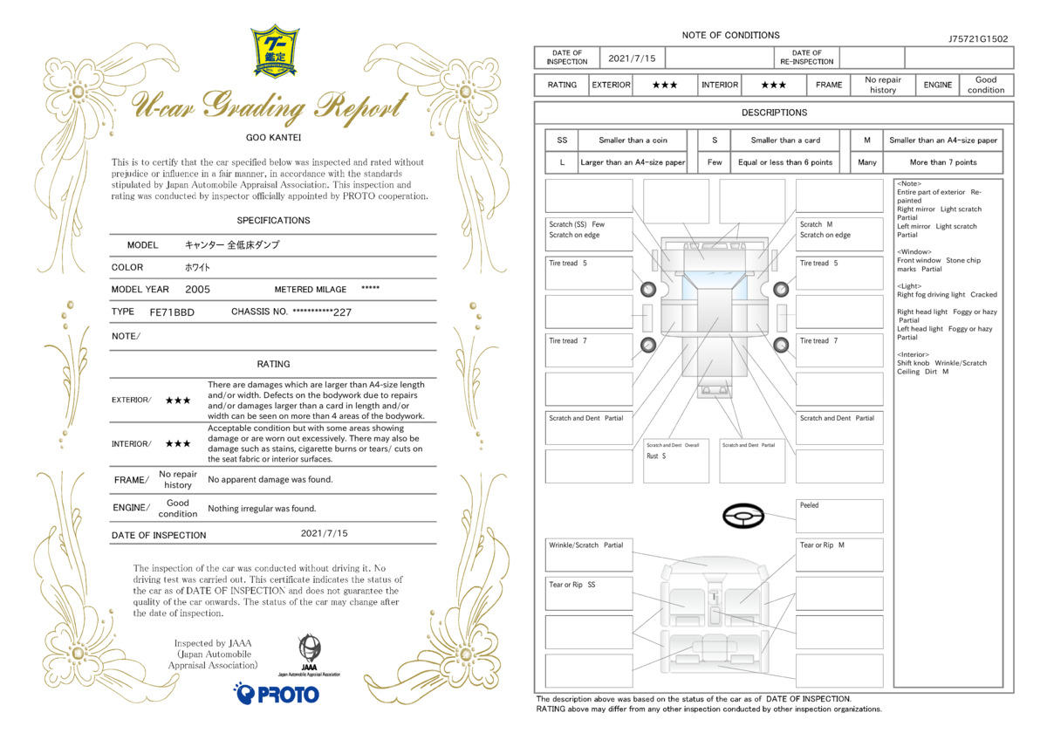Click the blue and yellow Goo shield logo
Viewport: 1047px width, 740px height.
(275, 51)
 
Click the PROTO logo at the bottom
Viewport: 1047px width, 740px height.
(277, 693)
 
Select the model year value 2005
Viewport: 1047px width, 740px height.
(197, 290)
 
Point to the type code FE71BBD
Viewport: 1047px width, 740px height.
(172, 312)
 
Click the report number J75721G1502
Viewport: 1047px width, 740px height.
(978, 38)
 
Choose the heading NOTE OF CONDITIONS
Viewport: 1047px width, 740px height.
(730, 35)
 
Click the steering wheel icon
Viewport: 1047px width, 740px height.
(743, 516)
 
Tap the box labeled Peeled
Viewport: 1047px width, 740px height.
(839, 516)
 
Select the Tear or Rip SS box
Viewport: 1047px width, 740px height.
(589, 593)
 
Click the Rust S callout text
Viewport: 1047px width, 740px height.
(656, 456)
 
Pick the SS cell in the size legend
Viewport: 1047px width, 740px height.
(562, 140)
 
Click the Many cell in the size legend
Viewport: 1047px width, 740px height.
(866, 162)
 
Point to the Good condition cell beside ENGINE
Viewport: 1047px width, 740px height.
(986, 85)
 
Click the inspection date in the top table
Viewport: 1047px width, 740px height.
(632, 58)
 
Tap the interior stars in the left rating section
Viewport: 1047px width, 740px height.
(178, 443)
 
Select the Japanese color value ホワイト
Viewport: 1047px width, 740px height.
(197, 267)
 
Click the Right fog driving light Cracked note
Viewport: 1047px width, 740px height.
(947, 294)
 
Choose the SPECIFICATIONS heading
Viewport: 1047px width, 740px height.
(273, 220)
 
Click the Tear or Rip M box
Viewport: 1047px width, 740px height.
(839, 555)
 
